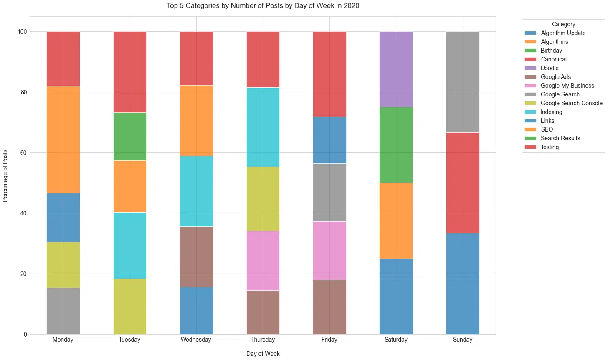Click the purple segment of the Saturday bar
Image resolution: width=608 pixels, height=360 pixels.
396,69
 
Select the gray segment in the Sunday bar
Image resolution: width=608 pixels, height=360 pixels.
462,82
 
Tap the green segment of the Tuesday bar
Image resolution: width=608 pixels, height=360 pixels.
129,137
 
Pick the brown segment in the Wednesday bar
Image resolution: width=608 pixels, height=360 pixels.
196,257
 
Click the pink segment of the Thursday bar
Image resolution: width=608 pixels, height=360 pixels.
263,260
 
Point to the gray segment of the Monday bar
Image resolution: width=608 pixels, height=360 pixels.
63,311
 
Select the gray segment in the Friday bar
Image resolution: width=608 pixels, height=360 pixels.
329,193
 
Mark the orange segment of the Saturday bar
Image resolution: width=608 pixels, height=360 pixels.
396,221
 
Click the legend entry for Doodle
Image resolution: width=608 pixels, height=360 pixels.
549,68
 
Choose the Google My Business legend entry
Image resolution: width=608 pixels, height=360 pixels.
567,86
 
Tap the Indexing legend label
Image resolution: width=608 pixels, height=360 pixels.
551,112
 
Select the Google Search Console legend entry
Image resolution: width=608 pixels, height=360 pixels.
571,103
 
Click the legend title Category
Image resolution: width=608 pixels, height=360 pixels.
563,24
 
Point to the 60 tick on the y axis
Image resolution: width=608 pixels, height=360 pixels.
23,153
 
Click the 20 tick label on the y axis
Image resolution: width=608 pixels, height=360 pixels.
23,274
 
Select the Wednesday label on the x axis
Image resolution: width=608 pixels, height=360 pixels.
196,340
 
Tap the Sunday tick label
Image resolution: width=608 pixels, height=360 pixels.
462,340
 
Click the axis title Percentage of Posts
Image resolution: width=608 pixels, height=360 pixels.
5,175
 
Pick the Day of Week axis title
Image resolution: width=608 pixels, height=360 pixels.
263,354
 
